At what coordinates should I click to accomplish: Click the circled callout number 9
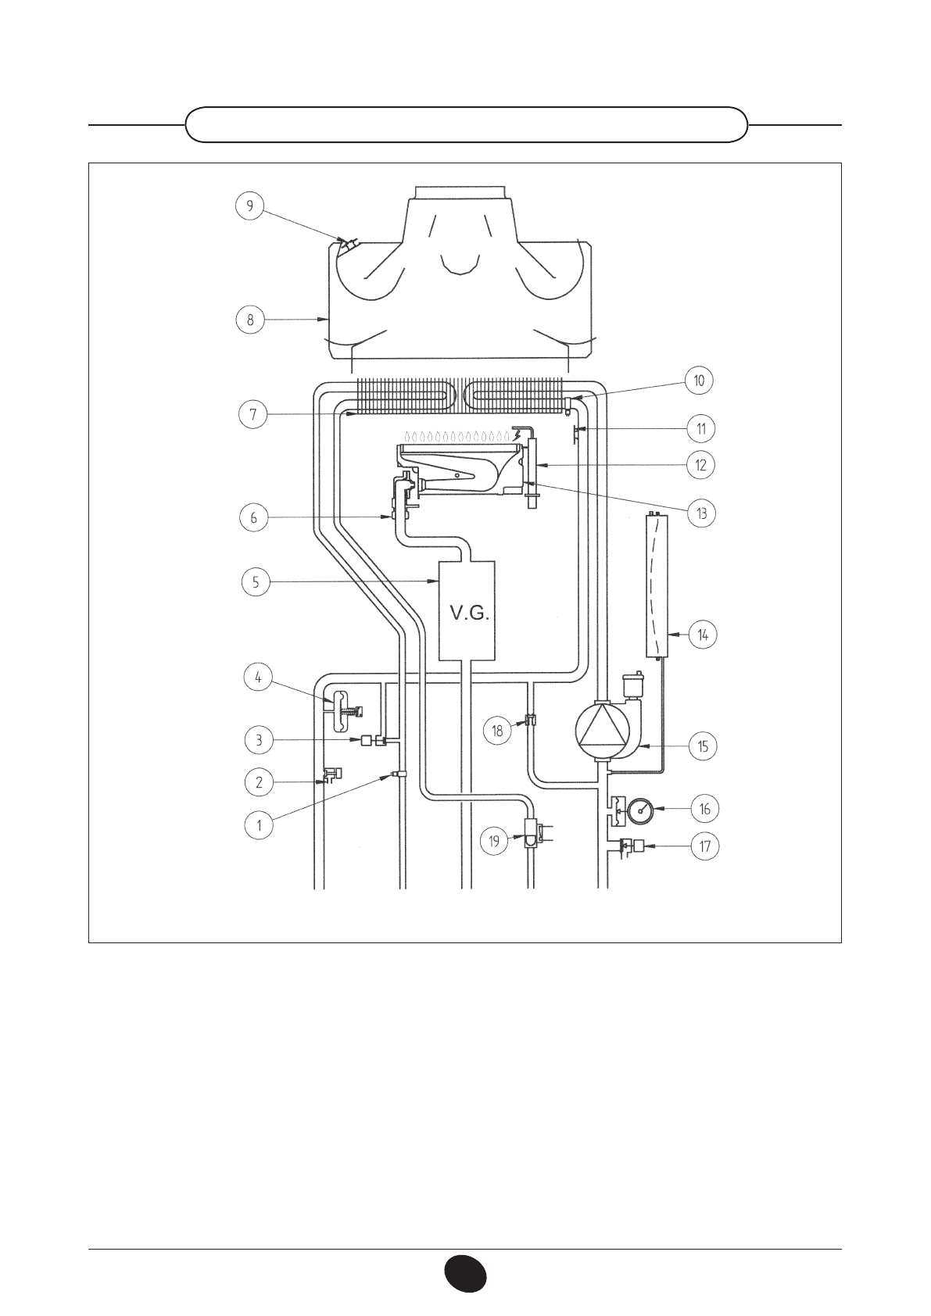point(250,206)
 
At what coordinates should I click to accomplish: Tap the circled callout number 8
point(250,320)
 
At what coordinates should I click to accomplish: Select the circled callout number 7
point(253,415)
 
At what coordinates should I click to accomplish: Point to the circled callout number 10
point(699,380)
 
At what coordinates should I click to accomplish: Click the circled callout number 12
point(701,465)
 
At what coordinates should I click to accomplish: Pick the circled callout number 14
point(703,635)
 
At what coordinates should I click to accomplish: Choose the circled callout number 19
point(494,842)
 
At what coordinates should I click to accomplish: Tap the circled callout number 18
point(498,731)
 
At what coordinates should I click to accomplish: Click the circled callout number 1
point(259,825)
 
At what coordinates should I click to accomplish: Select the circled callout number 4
point(258,678)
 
